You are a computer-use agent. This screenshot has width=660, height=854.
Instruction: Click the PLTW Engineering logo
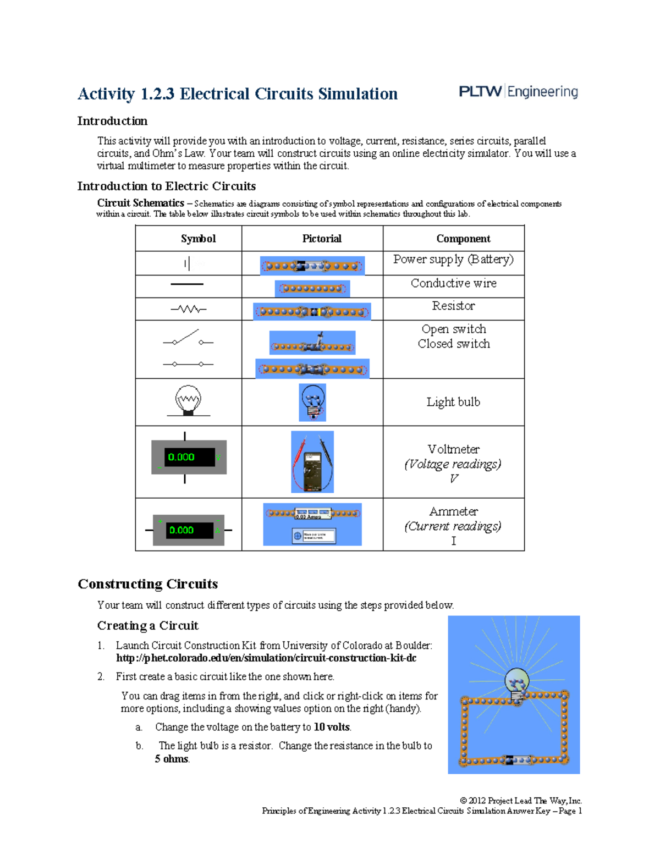pos(518,92)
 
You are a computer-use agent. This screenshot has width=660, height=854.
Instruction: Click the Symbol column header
pos(198,239)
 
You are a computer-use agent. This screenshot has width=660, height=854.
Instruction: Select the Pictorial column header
pos(322,239)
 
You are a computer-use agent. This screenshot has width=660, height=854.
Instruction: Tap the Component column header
pos(463,239)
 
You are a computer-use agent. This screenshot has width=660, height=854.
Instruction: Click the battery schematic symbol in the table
pos(188,263)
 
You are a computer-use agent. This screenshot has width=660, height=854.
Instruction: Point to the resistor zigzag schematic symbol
pos(188,309)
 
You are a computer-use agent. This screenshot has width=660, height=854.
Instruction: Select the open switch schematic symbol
pos(188,338)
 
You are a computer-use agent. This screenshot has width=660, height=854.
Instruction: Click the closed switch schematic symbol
pos(188,364)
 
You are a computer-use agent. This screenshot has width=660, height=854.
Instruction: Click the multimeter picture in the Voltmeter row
pos(312,462)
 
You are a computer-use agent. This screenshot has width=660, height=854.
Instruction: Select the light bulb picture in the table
pos(312,403)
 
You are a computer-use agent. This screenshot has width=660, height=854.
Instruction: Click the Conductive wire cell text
pos(453,283)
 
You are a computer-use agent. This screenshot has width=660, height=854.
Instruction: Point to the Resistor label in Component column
pos(453,306)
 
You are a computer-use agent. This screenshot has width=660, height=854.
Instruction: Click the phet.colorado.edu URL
pos(266,658)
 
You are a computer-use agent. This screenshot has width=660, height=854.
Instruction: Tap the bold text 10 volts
pos(332,727)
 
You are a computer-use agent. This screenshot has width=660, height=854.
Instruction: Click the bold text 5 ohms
pos(172,759)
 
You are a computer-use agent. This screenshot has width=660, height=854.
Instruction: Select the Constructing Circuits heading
pos(147,584)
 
